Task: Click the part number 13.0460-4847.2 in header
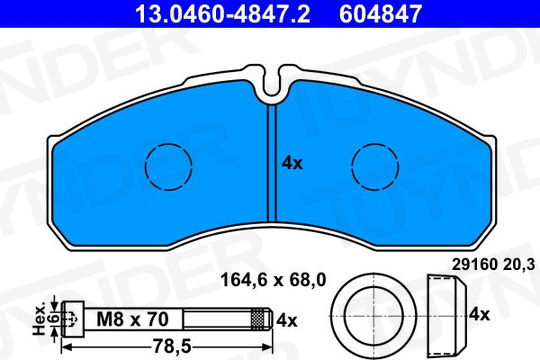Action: click(222, 13)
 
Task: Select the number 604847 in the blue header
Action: click(381, 13)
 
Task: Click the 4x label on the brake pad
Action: click(292, 163)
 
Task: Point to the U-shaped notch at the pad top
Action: click(272, 84)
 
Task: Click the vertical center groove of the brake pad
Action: click(272, 163)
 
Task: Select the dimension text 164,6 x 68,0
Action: click(273, 280)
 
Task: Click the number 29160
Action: click(475, 265)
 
